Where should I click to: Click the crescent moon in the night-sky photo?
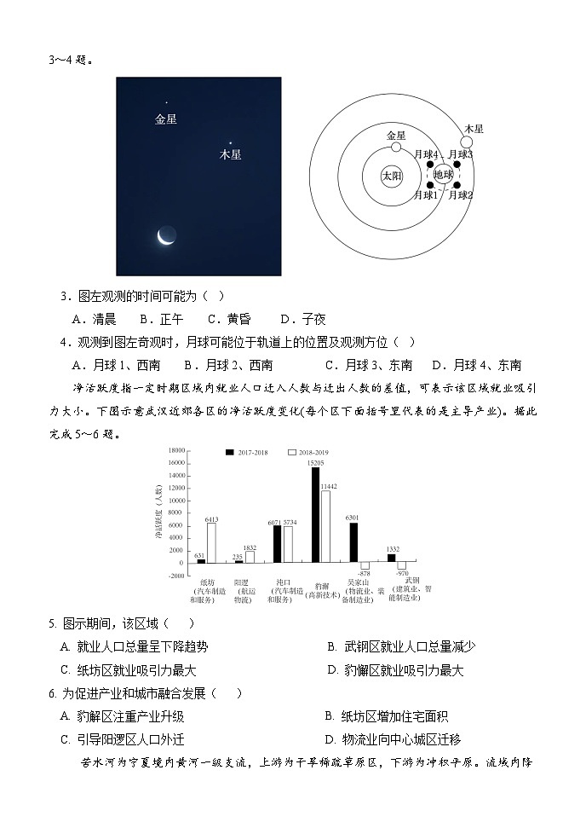pos(166,236)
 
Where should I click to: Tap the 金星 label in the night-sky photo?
pos(166,119)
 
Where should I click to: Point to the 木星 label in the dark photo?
pos(230,155)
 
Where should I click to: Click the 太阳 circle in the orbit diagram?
pos(392,177)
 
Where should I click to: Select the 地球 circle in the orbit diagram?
pos(444,175)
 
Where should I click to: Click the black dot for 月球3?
pos(457,164)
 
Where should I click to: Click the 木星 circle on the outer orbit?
pos(467,141)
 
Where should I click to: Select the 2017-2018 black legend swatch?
pos(230,451)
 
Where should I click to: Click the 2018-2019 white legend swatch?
pos(291,451)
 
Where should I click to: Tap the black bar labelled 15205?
pos(315,514)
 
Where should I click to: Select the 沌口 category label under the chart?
pos(278,583)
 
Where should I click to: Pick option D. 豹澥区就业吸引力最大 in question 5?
pos(396,670)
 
